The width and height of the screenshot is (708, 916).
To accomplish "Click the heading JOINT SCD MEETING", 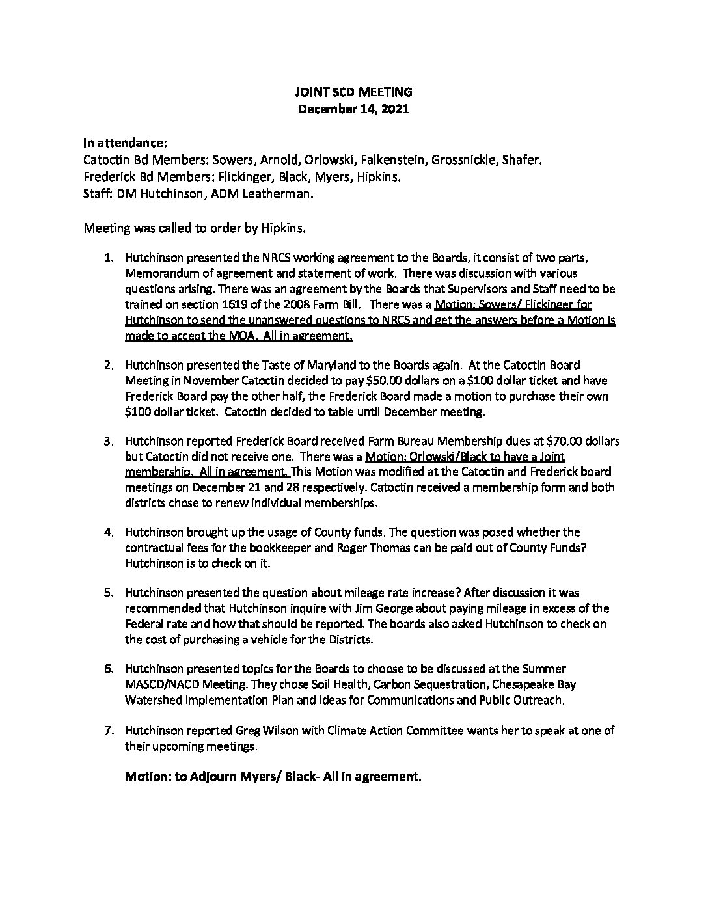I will click(x=353, y=93).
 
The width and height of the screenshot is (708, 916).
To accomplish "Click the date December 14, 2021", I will click(x=353, y=109).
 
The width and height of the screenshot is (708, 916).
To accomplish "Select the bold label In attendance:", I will click(x=125, y=142).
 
